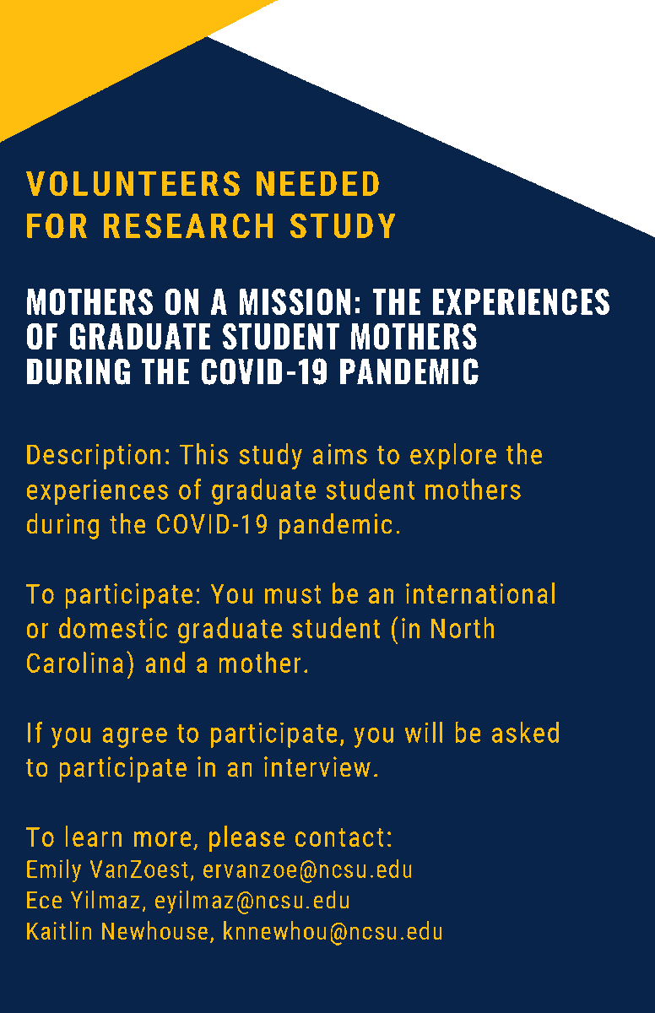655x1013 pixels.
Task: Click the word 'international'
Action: pyautogui.click(x=480, y=594)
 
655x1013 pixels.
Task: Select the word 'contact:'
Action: pyautogui.click(x=344, y=838)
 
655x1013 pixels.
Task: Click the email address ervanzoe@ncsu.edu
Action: pyautogui.click(x=307, y=869)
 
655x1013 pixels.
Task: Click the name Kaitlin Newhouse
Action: pyautogui.click(x=116, y=932)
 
